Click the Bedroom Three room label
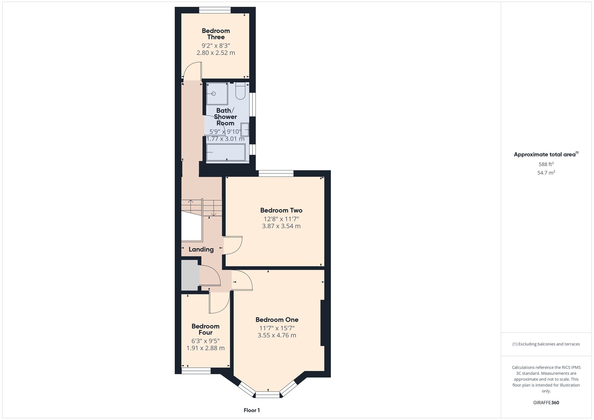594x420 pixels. coord(216,34)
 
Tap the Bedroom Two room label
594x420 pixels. coord(281,210)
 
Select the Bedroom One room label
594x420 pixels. coord(277,320)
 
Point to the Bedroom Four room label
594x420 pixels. coord(206,329)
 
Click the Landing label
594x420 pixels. coord(201,250)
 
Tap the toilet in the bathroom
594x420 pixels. coord(240,91)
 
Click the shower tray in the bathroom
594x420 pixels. coord(217,94)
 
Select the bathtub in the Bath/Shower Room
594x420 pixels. coord(226,152)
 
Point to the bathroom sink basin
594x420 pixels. coord(245,130)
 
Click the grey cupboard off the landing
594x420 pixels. coord(190,275)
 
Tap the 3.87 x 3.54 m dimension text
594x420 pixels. coord(281,226)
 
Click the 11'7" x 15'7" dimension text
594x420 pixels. coord(277,328)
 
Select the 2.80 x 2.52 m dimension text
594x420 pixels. coord(216,53)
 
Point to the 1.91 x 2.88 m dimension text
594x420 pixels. coord(206,348)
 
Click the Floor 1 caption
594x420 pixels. coord(252,410)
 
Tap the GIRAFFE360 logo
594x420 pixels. coord(546,403)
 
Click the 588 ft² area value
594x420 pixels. coord(546,164)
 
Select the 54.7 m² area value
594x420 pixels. coord(546,173)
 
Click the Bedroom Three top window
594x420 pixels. coord(215,10)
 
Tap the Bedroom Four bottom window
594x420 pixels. coord(196,371)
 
